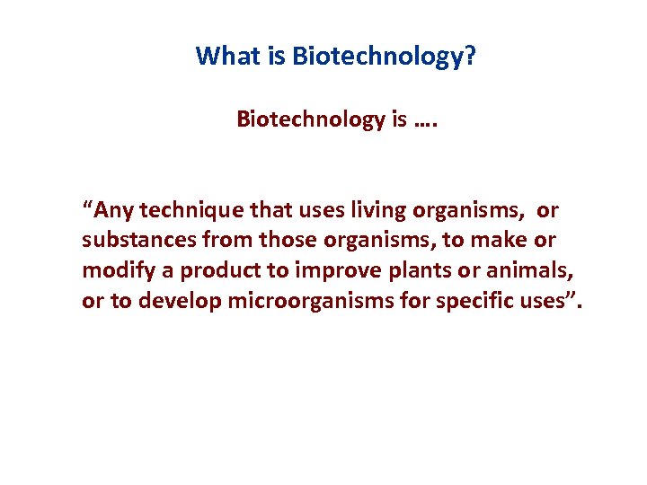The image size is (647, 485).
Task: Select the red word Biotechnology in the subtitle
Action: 310,119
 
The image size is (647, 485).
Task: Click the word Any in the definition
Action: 113,211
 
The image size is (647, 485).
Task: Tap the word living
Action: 376,211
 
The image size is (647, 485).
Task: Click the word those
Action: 286,241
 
